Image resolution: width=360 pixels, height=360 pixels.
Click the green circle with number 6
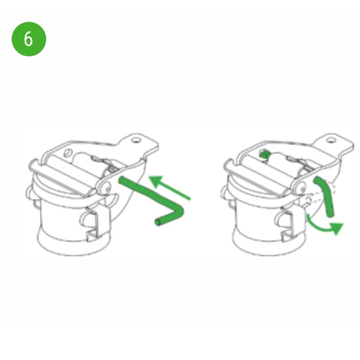tap(29, 39)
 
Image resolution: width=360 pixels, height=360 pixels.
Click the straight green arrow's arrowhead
tap(156, 181)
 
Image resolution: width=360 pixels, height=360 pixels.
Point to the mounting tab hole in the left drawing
tap(135, 140)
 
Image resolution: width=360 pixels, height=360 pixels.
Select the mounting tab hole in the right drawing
tap(331, 140)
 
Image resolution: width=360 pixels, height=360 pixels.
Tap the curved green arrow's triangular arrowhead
tap(337, 229)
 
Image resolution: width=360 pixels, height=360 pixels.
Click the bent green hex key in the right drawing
tap(326, 197)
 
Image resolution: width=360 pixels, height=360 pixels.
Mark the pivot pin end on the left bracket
tap(107, 189)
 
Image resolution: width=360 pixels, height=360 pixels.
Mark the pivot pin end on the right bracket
tap(302, 189)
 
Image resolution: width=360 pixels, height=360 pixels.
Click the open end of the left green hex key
tap(158, 222)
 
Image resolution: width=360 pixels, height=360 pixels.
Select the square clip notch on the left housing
tap(91, 236)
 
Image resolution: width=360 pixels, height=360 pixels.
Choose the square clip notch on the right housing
tap(287, 236)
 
